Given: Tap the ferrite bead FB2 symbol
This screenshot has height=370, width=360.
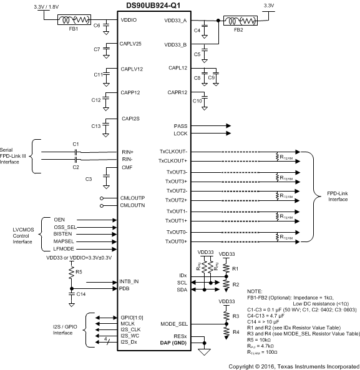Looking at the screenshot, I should [239, 20].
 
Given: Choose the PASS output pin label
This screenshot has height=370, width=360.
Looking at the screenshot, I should [180, 126].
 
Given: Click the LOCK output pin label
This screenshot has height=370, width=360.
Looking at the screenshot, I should [180, 134].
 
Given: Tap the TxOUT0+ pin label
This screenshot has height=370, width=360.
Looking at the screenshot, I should [177, 241].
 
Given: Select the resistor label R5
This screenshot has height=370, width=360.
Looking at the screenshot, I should [79, 271].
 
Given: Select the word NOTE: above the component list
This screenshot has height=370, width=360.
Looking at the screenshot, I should [256, 291].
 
